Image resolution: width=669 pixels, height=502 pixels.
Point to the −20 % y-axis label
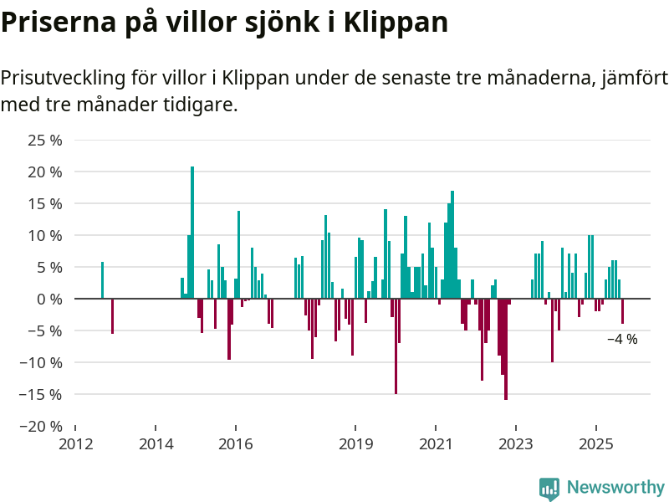point(39,426)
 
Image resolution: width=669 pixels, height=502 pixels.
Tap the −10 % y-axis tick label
point(39,362)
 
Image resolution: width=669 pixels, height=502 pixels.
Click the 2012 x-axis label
point(76,444)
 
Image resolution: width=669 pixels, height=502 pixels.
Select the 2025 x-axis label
point(595,444)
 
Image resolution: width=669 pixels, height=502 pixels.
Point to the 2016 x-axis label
point(236,444)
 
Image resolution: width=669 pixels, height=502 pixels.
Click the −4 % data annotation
point(622,340)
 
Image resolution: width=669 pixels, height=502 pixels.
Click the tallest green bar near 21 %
point(192,232)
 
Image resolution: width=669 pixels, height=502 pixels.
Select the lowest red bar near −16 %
point(506,349)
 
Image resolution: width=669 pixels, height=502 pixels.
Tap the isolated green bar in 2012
point(102,280)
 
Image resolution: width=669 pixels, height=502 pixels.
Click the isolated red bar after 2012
point(112,315)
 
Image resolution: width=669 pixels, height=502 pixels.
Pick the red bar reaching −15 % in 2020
point(396,346)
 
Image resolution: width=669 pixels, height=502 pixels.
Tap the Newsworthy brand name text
point(615,488)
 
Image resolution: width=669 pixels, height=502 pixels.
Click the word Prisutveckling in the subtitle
point(60,79)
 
